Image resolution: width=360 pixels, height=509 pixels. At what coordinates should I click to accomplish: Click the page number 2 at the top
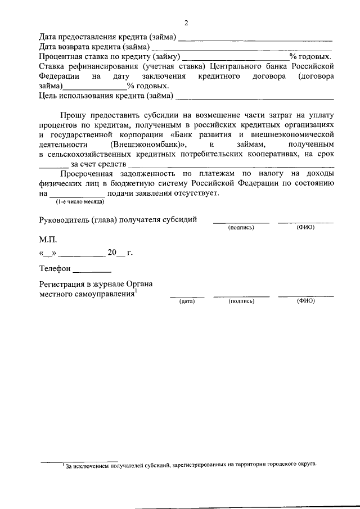click(x=186, y=23)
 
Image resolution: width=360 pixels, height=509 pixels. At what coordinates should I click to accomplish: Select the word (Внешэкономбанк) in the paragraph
click(x=148, y=144)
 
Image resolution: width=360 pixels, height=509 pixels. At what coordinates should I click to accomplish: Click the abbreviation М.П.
click(x=48, y=239)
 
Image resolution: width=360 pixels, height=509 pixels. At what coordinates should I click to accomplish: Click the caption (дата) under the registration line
click(x=187, y=301)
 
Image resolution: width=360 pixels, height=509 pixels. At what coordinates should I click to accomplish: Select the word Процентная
click(x=61, y=57)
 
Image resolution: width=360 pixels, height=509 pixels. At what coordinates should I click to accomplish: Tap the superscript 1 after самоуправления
click(x=137, y=291)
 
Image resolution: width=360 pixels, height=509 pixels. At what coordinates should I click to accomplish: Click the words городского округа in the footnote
click(x=289, y=465)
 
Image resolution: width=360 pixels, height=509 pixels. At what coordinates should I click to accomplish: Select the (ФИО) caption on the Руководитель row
click(x=305, y=227)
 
